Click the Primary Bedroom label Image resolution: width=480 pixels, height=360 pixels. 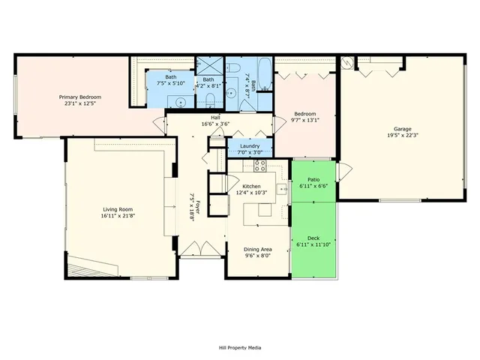point(80,97)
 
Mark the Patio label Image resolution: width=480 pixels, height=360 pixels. point(313,179)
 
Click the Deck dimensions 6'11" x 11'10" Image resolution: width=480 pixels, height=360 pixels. point(313,244)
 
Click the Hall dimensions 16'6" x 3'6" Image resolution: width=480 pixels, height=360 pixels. point(215,124)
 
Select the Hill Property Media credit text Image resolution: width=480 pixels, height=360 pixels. point(240,348)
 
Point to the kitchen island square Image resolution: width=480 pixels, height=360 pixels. point(265,211)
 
